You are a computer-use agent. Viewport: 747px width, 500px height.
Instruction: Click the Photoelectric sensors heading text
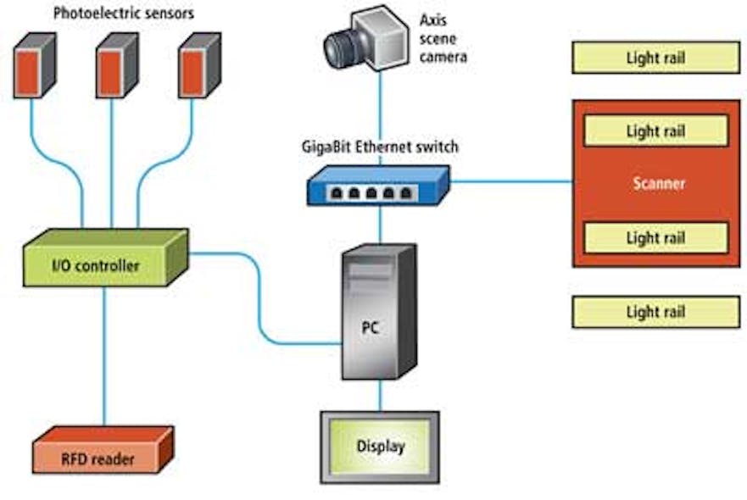click(123, 13)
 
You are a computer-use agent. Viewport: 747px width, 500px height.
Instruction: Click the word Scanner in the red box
click(658, 183)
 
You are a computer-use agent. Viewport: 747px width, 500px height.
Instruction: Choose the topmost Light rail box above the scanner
click(655, 58)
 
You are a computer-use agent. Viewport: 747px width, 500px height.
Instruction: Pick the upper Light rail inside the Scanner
click(655, 131)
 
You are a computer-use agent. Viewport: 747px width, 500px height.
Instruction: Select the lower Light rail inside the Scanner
click(655, 238)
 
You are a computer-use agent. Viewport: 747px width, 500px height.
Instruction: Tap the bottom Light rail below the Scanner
click(655, 312)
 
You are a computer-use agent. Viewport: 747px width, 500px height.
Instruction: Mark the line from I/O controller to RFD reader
click(104, 356)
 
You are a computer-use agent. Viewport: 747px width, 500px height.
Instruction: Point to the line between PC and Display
click(380, 394)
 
